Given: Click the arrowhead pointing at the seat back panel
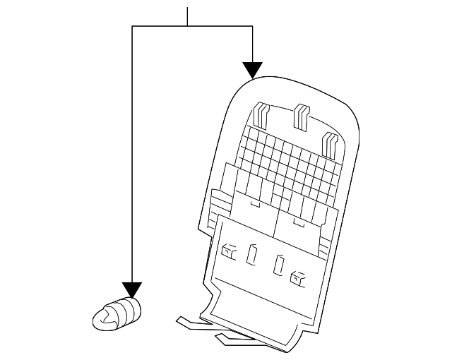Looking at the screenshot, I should tap(252, 70).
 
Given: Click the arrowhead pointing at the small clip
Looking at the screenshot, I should tap(132, 289).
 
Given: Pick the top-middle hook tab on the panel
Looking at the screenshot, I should tap(301, 115).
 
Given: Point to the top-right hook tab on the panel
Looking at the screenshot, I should tap(329, 143).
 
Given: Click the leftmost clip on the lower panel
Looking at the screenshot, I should tap(230, 250).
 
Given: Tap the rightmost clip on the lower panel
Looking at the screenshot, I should tap(299, 278).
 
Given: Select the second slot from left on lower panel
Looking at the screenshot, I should tap(251, 255).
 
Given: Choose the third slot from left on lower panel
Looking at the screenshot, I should tap(279, 265).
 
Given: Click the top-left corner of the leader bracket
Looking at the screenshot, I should tap(132, 26).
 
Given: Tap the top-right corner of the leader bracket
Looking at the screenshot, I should tap(252, 26).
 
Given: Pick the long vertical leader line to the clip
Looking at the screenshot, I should tap(132, 155).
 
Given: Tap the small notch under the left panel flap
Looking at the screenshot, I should tap(252, 205).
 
